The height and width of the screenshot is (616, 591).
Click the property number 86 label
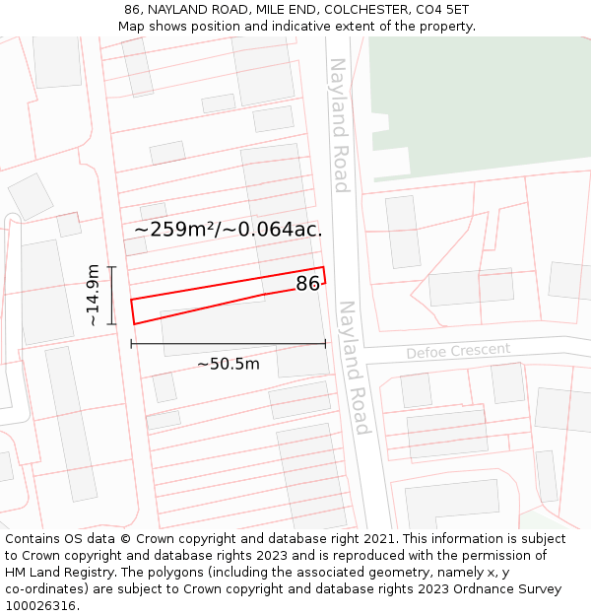click(307, 284)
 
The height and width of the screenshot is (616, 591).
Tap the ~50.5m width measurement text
click(228, 364)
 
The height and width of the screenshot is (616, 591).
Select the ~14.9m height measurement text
click(93, 295)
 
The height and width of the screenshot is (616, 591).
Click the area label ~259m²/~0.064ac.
click(229, 230)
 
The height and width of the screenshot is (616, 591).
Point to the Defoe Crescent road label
click(458, 351)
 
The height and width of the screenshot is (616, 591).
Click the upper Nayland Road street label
click(339, 125)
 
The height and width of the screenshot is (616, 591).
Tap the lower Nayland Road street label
click(353, 368)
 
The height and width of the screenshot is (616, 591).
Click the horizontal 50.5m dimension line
click(229, 344)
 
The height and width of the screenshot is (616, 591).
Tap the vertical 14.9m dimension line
click(112, 295)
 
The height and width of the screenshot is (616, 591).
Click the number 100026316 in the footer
click(41, 606)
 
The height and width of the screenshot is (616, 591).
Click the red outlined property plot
click(197, 301)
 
